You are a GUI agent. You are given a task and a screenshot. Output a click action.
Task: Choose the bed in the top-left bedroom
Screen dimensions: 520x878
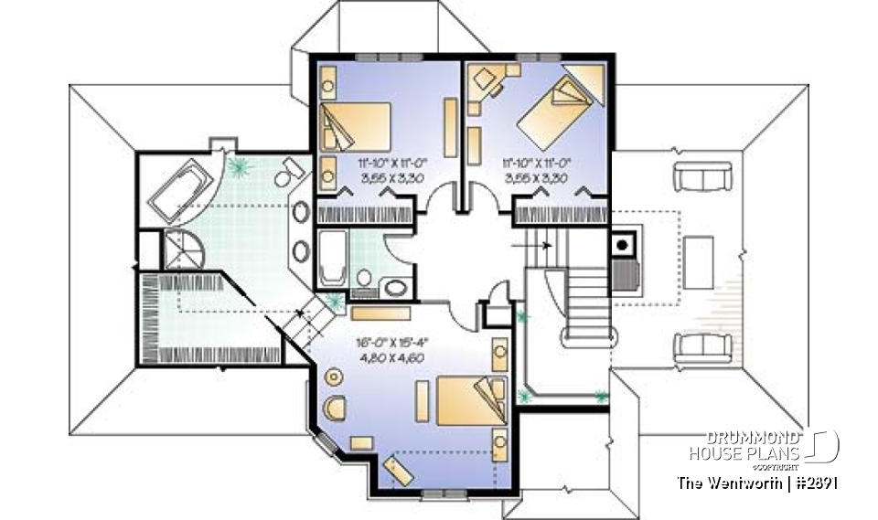[x=356, y=127]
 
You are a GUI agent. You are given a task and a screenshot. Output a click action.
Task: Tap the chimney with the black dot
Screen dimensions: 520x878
[x=621, y=245]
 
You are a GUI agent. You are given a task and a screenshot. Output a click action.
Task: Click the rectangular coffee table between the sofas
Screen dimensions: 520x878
[x=701, y=261]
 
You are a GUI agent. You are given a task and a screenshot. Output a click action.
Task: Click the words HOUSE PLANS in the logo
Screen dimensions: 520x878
[x=744, y=453]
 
